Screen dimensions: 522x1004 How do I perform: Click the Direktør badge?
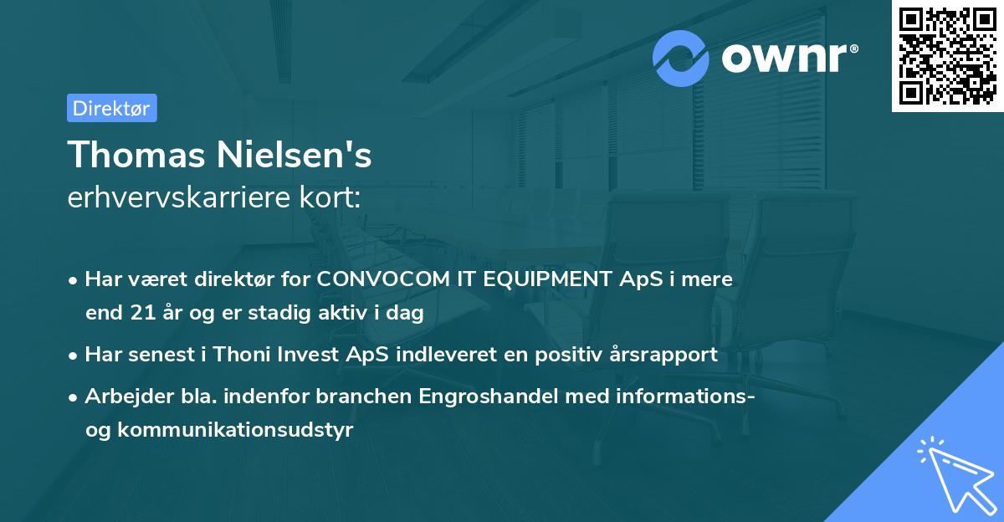pos(111,108)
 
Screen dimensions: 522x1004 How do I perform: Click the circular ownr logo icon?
pos(681,58)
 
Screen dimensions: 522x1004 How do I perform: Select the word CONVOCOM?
pos(393,280)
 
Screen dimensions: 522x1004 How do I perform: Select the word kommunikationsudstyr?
pos(237,430)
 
